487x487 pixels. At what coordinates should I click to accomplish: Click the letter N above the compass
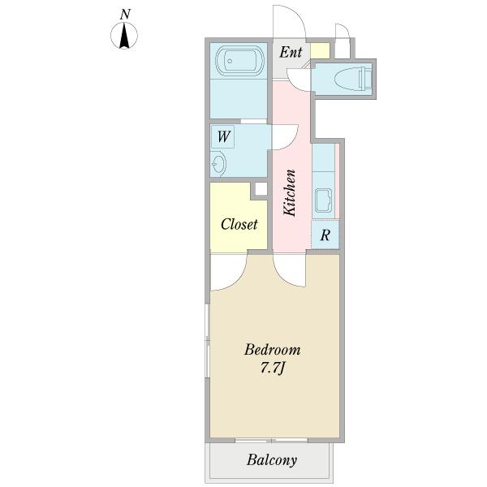[x=125, y=15]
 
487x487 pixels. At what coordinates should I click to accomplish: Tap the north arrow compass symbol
[x=124, y=36]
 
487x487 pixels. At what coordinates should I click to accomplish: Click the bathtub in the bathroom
[x=239, y=61]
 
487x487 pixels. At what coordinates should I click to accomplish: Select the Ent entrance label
[x=291, y=52]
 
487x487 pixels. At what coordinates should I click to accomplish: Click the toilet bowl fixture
[x=353, y=80]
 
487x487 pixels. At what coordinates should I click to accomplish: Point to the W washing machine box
[x=223, y=136]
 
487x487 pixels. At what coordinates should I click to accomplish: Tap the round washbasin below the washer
[x=218, y=163]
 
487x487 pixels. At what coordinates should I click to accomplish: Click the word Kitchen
[x=290, y=192]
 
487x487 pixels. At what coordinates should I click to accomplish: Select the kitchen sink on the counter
[x=323, y=200]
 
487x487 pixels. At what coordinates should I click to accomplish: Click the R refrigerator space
[x=325, y=235]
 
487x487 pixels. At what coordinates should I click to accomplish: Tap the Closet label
[x=239, y=224]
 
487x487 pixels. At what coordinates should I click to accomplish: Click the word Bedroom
[x=272, y=350]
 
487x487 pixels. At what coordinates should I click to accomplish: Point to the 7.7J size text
[x=272, y=368]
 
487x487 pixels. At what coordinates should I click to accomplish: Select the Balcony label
[x=272, y=460]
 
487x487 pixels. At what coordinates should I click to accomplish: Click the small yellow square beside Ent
[x=320, y=50]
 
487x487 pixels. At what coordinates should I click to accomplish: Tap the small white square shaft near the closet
[x=261, y=189]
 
